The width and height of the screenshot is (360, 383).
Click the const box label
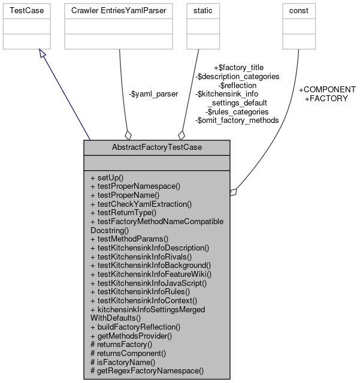[298, 11]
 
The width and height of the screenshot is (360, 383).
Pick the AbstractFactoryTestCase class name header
[156, 147]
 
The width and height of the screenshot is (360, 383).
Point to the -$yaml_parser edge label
[153, 94]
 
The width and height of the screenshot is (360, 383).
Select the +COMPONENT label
[326, 89]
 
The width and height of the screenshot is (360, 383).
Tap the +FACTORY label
[326, 98]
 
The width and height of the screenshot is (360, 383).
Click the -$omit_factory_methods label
[237, 120]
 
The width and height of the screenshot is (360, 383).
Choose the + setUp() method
[107, 178]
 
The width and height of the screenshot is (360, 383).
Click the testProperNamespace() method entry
[126, 186]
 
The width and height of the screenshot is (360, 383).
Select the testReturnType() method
[123, 212]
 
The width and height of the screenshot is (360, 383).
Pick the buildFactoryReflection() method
[135, 327]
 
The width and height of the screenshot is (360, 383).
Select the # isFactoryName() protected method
[122, 361]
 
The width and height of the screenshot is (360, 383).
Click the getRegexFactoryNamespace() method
[147, 370]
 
